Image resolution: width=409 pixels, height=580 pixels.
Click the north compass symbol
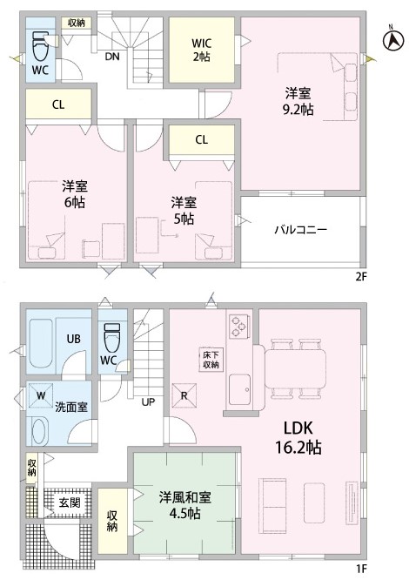pyautogui.click(x=393, y=39)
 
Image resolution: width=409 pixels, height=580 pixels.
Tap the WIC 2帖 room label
pyautogui.click(x=202, y=50)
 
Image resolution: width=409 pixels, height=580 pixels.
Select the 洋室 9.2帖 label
pyautogui.click(x=298, y=101)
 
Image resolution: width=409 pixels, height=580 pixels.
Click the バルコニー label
pyautogui.click(x=300, y=230)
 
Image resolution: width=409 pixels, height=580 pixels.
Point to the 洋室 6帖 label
pyautogui.click(x=75, y=194)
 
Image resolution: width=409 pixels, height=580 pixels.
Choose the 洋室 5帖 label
pyautogui.click(x=184, y=211)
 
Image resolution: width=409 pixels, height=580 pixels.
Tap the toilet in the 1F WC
pyautogui.click(x=112, y=337)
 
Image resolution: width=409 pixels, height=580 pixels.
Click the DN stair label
pyautogui.click(x=112, y=57)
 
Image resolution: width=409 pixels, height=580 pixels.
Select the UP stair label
pyautogui.click(x=148, y=401)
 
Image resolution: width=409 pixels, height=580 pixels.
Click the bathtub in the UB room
pyautogui.click(x=41, y=343)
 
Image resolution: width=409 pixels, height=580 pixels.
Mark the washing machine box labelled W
pyautogui.click(x=41, y=395)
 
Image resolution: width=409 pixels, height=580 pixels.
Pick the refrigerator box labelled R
pyautogui.click(x=184, y=395)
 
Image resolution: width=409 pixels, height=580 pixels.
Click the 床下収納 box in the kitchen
pyautogui.click(x=211, y=360)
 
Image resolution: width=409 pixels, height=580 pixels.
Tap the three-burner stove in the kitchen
pyautogui.click(x=238, y=327)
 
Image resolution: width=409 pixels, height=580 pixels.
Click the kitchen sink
pyautogui.click(x=239, y=389)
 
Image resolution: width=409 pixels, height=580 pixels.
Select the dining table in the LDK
pyautogui.click(x=295, y=368)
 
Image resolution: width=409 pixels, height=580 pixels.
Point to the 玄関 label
pyautogui.click(x=70, y=502)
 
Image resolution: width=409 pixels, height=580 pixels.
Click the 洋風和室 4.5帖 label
pyautogui.click(x=185, y=505)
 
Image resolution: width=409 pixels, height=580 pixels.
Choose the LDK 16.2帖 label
pyautogui.click(x=298, y=437)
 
